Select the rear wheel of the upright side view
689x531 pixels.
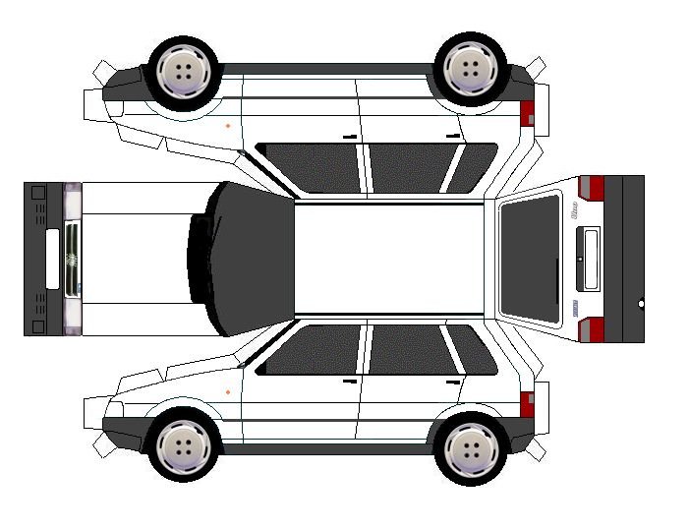click(471, 448)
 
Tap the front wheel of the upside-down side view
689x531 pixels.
click(185, 71)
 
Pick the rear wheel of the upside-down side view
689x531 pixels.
click(471, 68)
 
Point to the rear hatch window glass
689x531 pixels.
click(530, 259)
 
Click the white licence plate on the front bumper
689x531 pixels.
click(52, 259)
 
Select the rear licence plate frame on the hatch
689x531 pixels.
click(588, 259)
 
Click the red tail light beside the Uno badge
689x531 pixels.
click(591, 188)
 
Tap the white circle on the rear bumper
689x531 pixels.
click(641, 304)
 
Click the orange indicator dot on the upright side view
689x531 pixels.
click(228, 392)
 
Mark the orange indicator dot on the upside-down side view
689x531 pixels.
click(228, 126)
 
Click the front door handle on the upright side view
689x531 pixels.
click(349, 381)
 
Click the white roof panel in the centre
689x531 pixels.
click(390, 259)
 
